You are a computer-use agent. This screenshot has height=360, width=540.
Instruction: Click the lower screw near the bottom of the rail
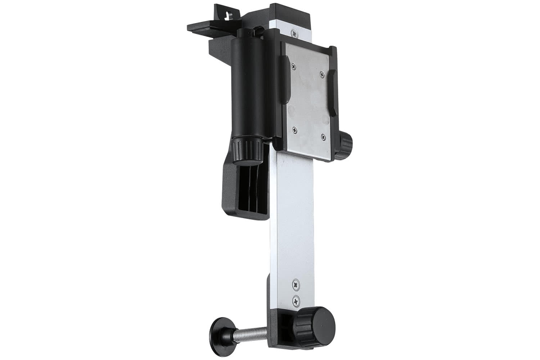click(x=296, y=300)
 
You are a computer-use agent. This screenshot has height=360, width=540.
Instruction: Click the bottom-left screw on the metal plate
click(x=295, y=130)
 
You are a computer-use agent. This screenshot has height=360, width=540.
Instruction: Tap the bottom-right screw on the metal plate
click(x=323, y=136)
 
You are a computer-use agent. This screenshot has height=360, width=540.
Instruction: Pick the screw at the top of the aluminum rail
click(x=295, y=33)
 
